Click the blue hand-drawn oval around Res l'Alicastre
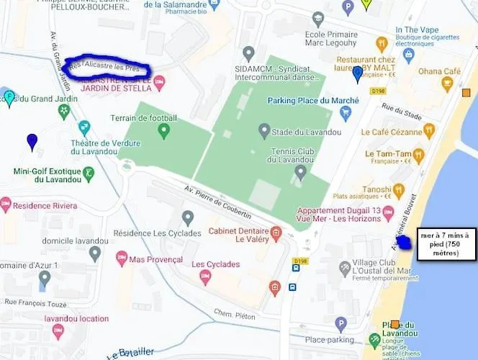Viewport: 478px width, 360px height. [107, 68]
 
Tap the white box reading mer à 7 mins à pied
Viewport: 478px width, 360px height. [444, 243]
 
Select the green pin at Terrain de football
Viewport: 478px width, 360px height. [163, 131]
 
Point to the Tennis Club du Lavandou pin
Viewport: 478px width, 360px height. [301, 171]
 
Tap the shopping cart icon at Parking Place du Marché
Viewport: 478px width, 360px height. [346, 113]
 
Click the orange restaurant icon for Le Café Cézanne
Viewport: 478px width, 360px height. [429, 131]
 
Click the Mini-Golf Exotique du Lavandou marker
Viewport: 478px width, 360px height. [89, 173]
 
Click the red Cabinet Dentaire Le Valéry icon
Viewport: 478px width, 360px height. [276, 233]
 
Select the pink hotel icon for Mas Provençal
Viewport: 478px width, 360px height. [122, 258]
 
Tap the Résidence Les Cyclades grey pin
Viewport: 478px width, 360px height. [188, 217]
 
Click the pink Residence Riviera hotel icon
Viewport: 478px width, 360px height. [6, 204]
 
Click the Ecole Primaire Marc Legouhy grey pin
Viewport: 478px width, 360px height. [317, 19]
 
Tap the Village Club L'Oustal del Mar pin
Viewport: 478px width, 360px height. [345, 269]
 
